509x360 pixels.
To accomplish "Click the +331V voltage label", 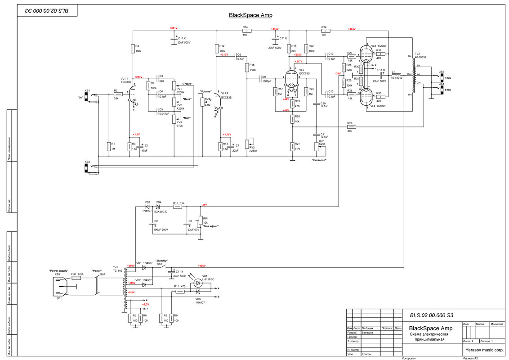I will pyautogui.click(x=173, y=28).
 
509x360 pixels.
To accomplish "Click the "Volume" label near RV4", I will pyautogui.click(x=205, y=91).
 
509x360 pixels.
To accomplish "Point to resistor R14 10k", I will pyautogui.click(x=245, y=31).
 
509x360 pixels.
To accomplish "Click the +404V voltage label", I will pyautogui.click(x=351, y=28).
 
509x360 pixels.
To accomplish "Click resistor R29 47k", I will pyautogui.click(x=349, y=127).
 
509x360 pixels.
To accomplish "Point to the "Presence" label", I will pyautogui.click(x=319, y=160).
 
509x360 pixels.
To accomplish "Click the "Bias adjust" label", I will pyautogui.click(x=210, y=226).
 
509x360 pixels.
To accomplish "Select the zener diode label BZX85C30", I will pyautogui.click(x=161, y=211).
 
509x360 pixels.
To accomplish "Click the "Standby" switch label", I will pyautogui.click(x=161, y=261).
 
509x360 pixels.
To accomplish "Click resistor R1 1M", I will pyautogui.click(x=108, y=146).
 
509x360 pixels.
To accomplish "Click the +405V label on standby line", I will pyautogui.click(x=201, y=265).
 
